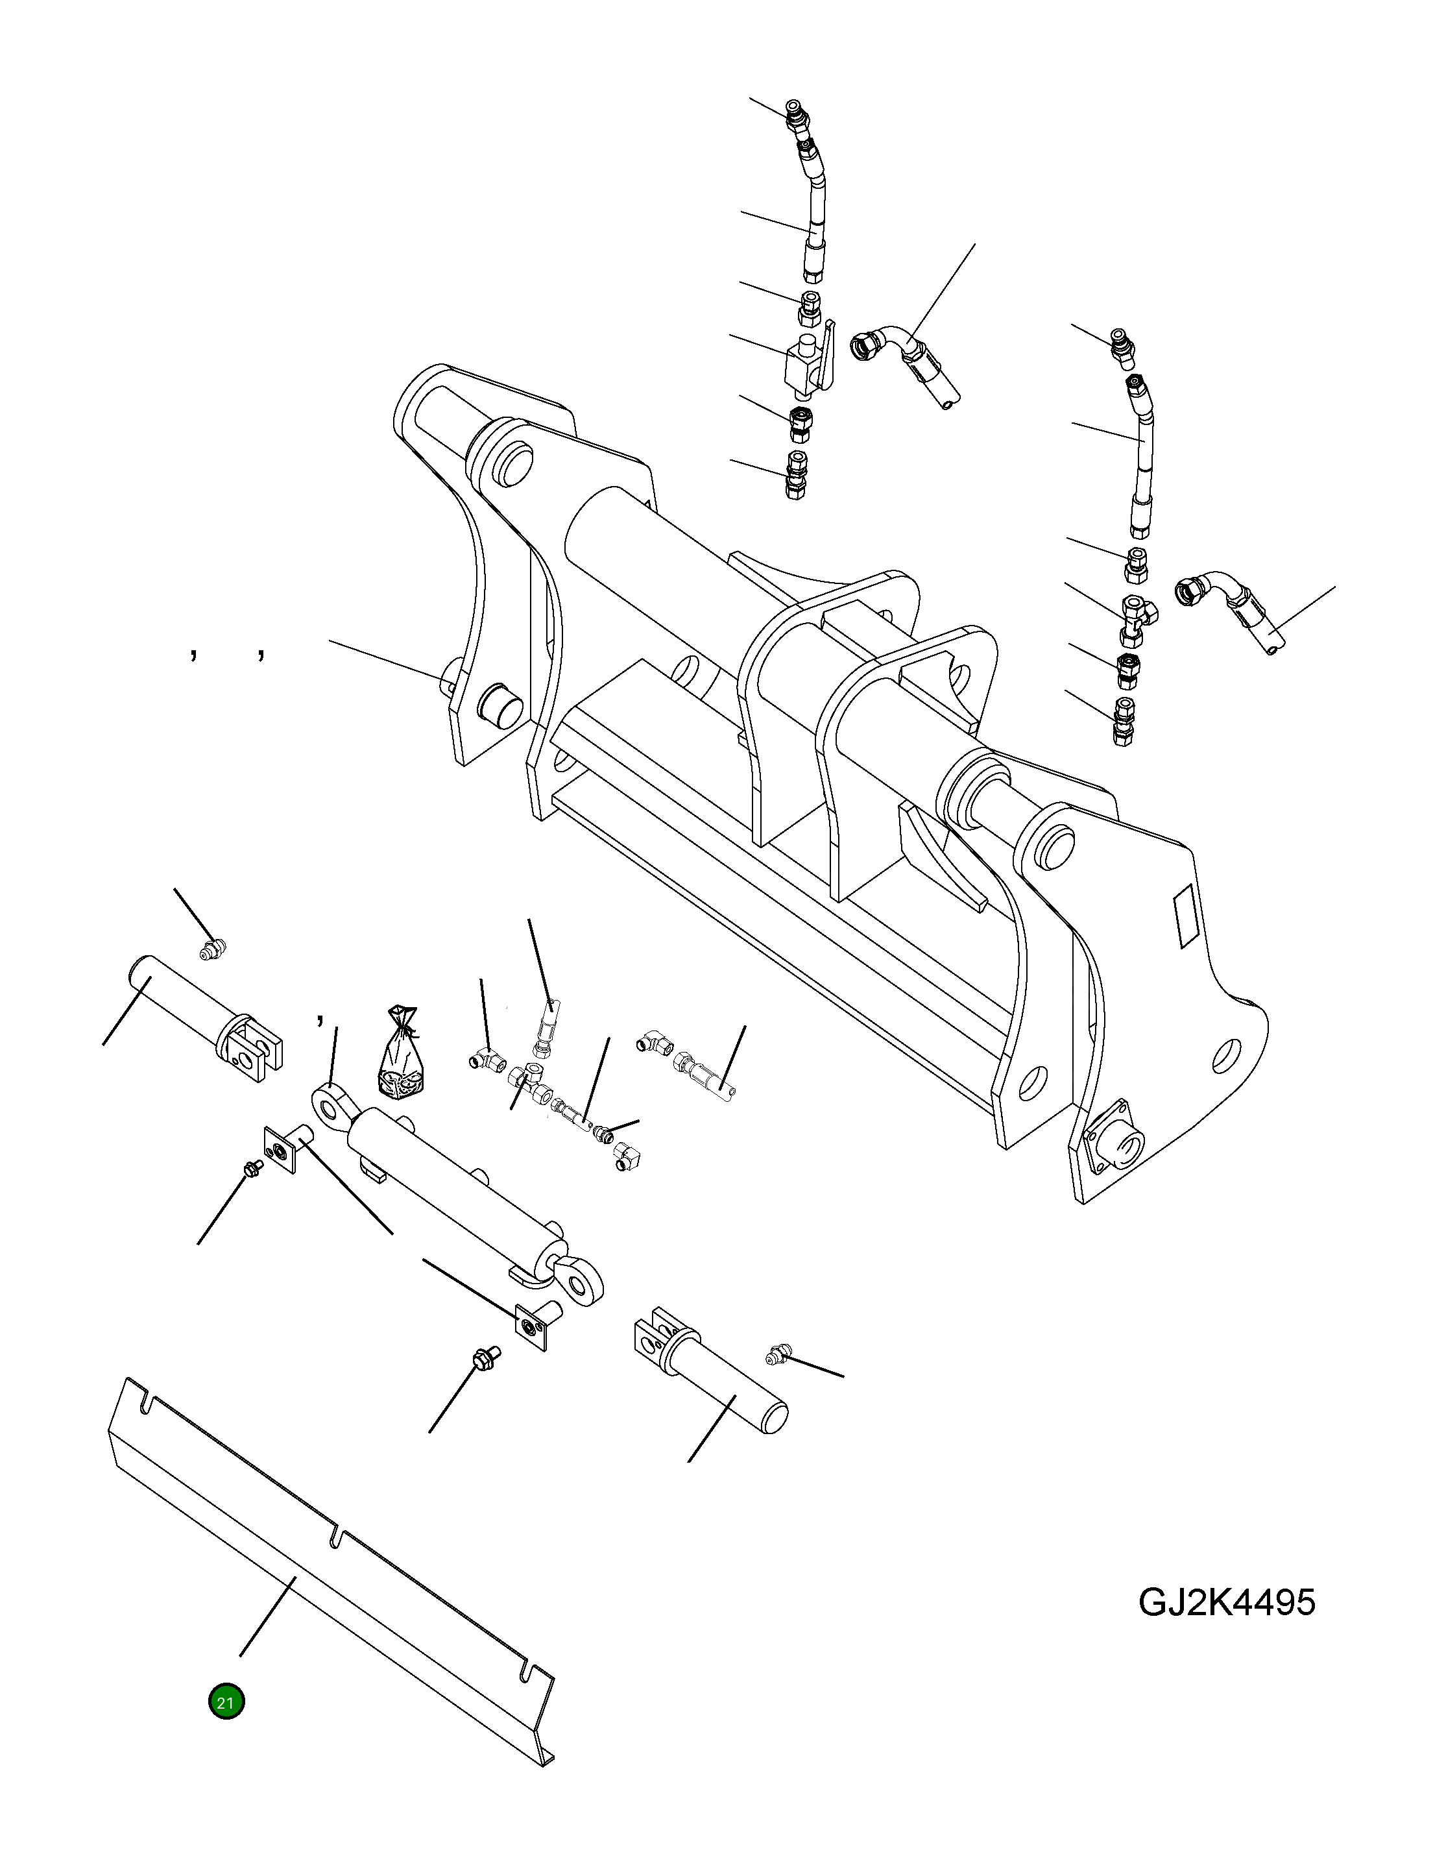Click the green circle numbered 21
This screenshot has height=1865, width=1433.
[226, 1702]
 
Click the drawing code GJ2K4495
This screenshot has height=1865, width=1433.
[1227, 1602]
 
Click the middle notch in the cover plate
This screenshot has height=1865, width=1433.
[336, 1535]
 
